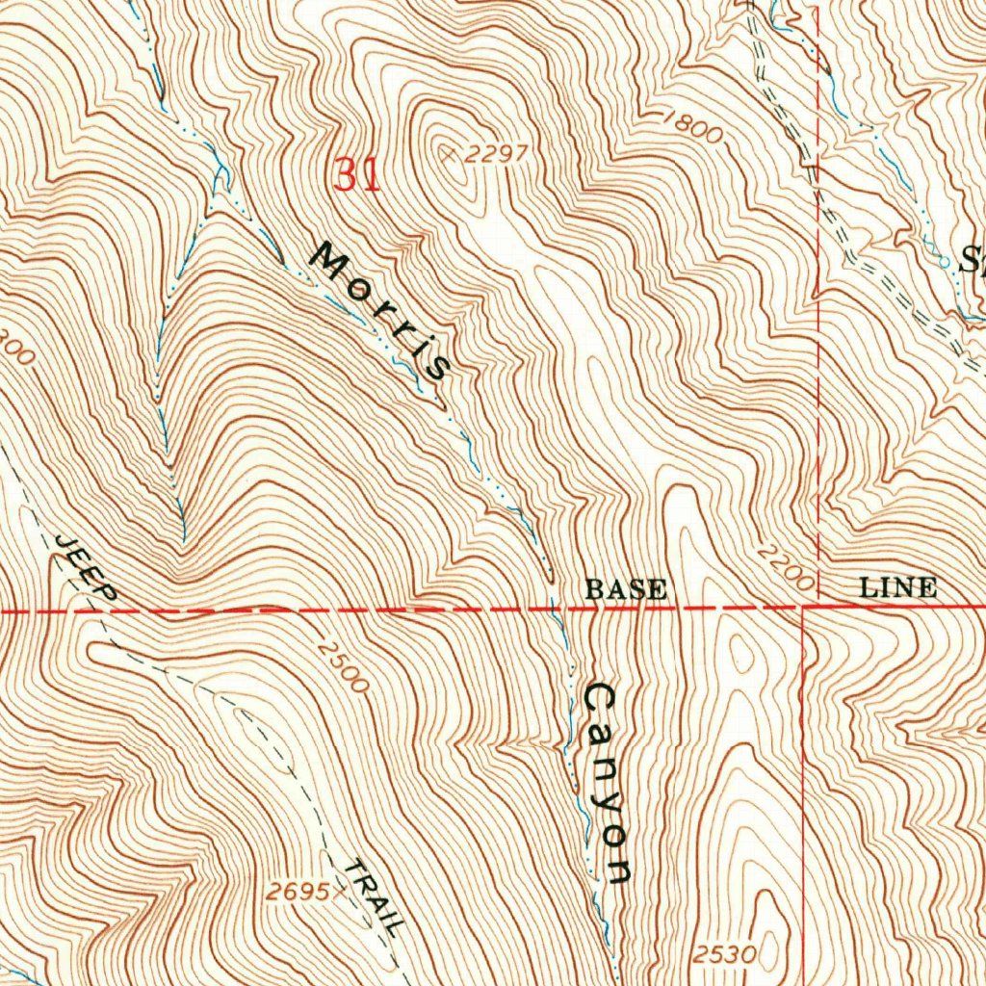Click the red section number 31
coord(357,175)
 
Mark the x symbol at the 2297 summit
coord(447,152)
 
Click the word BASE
coord(625,588)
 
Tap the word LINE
coord(897,586)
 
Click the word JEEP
coord(86,568)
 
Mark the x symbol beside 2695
coord(337,892)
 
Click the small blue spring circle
coord(942,259)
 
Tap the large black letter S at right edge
coord(973,259)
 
